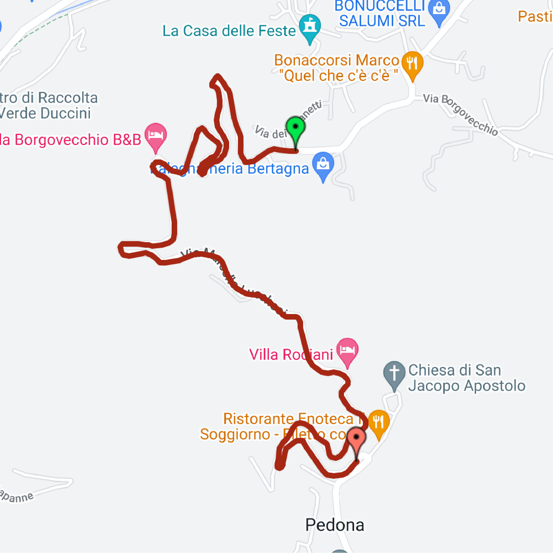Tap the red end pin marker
[x=356, y=438]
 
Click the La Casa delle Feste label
[x=229, y=31]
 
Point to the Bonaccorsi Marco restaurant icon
[x=412, y=63]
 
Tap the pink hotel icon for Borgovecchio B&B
[x=155, y=135]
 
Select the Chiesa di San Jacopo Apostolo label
[x=467, y=378]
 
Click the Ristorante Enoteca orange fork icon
[x=379, y=422]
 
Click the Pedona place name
[x=335, y=525]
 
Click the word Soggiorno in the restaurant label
[x=235, y=434]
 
